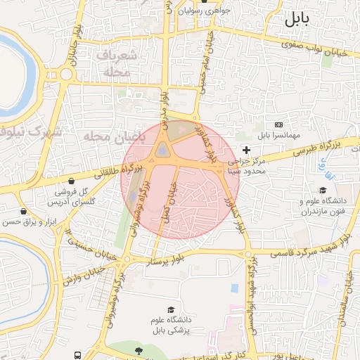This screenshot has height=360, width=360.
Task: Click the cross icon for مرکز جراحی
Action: tap(246, 150)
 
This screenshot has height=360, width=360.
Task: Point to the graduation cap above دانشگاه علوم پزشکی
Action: tap(170, 310)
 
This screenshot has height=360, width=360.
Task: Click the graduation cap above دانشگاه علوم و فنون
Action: tap(323, 190)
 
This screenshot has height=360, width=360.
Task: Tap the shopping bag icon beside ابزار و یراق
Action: tap(25, 211)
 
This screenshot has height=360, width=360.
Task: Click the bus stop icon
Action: tap(75, 356)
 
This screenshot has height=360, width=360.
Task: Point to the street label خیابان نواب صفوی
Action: tap(314, 48)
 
